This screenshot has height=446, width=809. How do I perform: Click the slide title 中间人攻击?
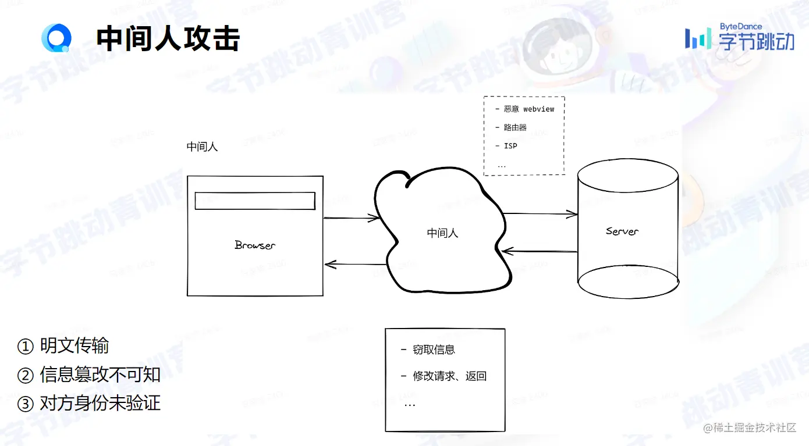[168, 39]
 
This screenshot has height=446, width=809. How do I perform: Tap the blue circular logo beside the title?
[56, 38]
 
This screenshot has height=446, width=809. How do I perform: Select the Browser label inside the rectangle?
[255, 245]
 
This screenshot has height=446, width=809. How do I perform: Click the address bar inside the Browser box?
[254, 201]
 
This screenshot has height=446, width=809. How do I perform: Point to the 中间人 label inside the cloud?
[442, 233]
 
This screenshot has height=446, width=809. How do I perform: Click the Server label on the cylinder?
[622, 231]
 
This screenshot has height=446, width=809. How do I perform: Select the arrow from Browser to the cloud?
[351, 219]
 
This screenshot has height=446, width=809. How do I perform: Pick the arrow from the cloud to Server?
[540, 215]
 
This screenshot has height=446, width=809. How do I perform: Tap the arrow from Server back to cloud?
[540, 251]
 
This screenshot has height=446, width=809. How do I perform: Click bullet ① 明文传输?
[63, 346]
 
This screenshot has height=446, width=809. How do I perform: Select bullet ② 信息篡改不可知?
[89, 375]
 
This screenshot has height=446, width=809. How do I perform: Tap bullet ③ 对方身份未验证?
[89, 404]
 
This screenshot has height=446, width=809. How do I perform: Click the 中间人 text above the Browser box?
[202, 147]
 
